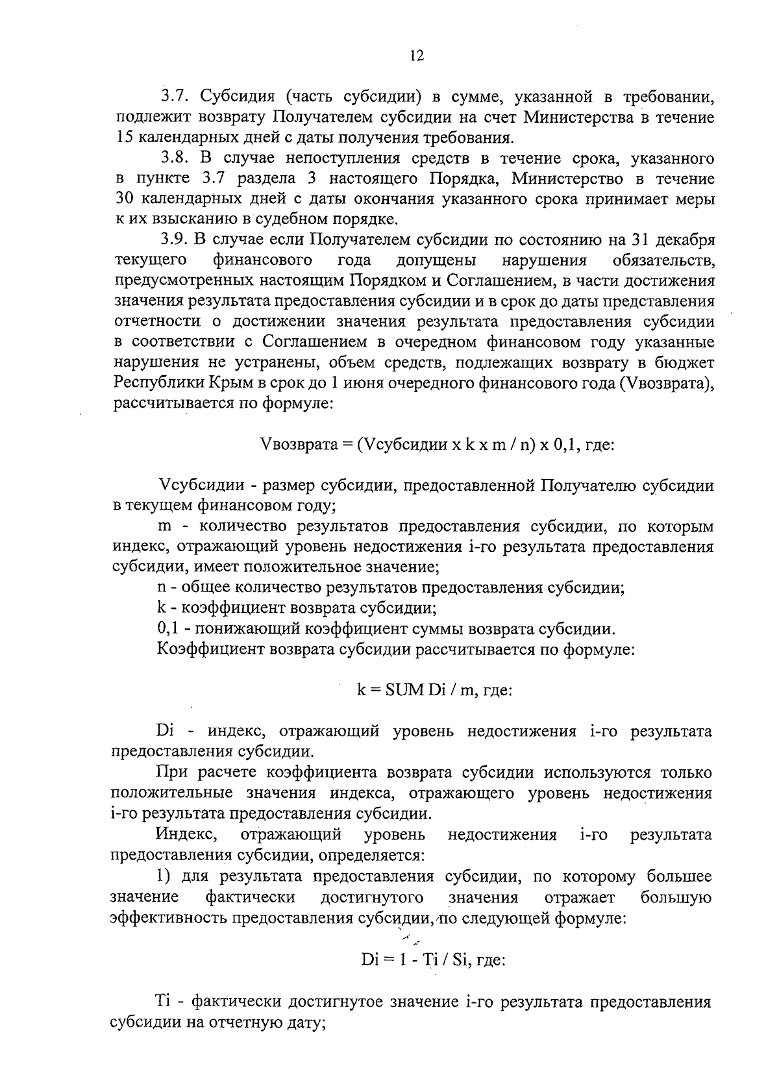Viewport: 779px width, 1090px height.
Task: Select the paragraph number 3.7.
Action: [175, 97]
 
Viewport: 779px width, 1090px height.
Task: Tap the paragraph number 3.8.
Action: [175, 158]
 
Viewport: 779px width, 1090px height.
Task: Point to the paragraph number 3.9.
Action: [175, 240]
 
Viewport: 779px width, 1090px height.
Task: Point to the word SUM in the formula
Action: [403, 690]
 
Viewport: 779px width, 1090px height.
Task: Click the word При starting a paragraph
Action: [170, 773]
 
